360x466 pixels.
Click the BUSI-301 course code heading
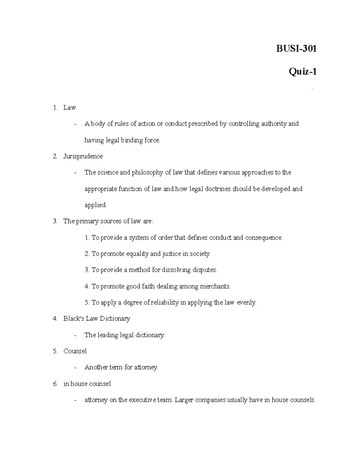[x=296, y=49]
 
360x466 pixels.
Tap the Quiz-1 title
[x=302, y=72]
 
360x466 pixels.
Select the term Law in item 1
[x=69, y=107]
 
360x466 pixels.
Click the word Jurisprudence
[x=83, y=156]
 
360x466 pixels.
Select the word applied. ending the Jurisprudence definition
[x=95, y=205]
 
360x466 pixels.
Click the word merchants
[x=215, y=287]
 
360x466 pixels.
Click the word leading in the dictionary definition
[x=108, y=335]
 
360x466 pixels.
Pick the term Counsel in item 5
[x=75, y=351]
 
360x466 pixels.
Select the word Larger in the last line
[x=184, y=400]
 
